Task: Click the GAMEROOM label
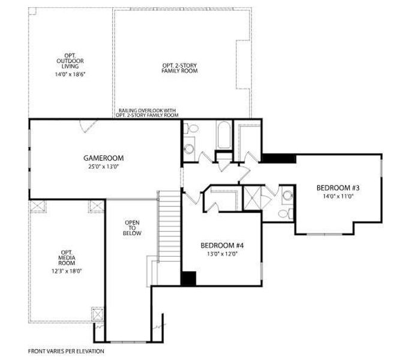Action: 103,158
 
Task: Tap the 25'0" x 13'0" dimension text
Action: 103,166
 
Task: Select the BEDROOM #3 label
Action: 337,188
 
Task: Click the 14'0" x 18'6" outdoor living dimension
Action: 70,74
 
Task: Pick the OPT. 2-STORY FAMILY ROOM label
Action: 180,68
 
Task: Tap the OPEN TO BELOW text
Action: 133,228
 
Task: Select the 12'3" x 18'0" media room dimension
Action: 67,271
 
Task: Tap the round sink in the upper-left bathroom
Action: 193,129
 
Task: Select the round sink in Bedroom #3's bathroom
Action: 287,194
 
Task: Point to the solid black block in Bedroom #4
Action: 188,278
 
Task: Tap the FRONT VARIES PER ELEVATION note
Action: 66,350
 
